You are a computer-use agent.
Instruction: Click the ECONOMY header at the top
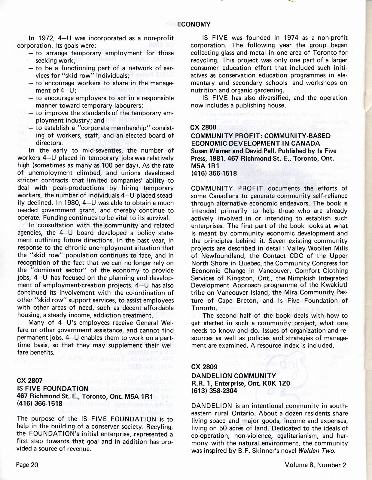click(194, 24)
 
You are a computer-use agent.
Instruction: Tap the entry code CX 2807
click(29, 381)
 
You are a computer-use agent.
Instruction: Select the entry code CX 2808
click(203, 127)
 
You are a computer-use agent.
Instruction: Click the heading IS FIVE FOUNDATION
click(53, 388)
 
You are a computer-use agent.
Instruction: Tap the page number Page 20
click(27, 465)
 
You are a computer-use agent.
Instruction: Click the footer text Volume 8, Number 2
click(316, 465)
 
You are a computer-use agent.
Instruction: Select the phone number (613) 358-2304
click(214, 391)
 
